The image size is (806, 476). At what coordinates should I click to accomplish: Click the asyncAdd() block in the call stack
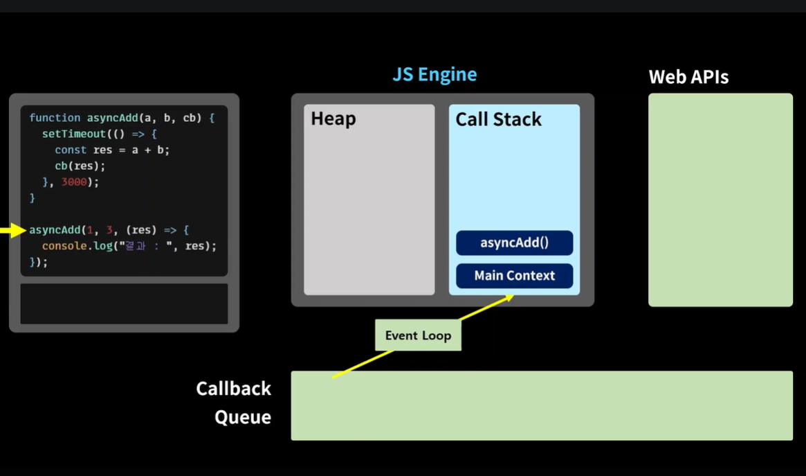[514, 243]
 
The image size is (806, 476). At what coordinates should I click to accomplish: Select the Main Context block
[514, 276]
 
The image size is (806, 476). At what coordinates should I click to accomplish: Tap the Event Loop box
[418, 335]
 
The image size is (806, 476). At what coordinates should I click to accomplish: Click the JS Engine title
[435, 75]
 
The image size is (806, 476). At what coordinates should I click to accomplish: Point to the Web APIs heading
[688, 77]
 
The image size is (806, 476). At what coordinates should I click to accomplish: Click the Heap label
[333, 119]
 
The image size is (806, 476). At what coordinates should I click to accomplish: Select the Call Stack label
[498, 119]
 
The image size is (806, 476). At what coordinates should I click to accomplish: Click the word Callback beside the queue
[233, 389]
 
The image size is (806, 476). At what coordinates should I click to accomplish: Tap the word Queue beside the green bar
[243, 417]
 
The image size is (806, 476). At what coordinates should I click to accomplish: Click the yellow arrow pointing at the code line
[13, 230]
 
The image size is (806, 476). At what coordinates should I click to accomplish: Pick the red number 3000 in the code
[74, 182]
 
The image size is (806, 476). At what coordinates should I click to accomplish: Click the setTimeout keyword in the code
[73, 134]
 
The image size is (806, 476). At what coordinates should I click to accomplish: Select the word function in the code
[55, 118]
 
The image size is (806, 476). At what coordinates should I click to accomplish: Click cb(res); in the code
[80, 166]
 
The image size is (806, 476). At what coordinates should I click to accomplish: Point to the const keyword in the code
[71, 150]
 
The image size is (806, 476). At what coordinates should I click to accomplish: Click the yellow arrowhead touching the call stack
[509, 297]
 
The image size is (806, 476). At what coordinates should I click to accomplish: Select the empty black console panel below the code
[124, 303]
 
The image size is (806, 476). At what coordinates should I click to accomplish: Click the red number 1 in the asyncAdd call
[90, 230]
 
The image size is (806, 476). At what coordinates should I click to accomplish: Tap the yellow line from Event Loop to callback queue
[363, 364]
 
